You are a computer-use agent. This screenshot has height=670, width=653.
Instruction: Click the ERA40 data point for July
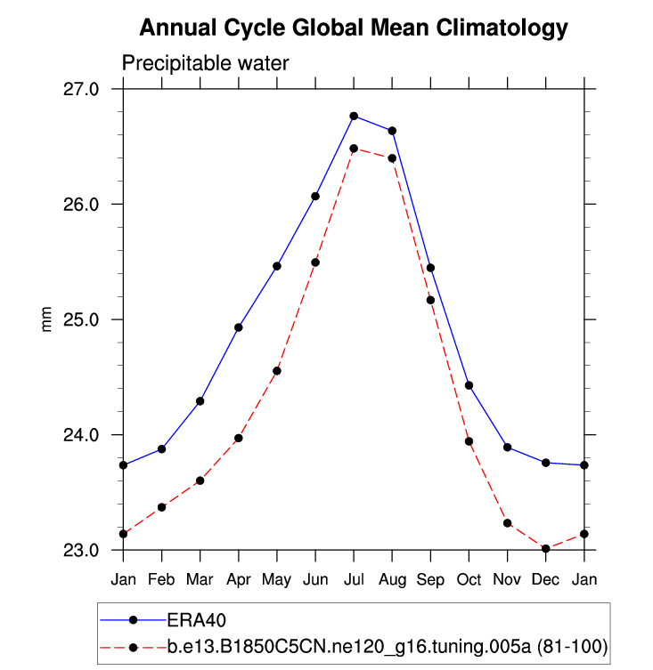point(354,116)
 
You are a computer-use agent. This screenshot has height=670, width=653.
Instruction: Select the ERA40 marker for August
point(392,131)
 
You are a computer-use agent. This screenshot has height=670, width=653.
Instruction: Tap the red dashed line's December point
point(545,549)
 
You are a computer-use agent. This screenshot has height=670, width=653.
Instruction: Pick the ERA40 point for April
point(239,327)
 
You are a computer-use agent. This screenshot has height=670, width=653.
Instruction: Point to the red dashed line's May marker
point(277,370)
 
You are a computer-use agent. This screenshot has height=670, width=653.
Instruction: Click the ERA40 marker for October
point(469,385)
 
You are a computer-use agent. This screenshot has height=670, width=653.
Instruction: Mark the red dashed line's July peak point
point(354,149)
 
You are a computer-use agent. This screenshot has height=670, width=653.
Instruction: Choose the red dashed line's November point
point(507,523)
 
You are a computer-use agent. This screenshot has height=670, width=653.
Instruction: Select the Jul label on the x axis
point(354,578)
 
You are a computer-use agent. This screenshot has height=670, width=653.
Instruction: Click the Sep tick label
point(430,578)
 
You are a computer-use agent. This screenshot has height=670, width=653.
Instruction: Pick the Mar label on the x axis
point(200,578)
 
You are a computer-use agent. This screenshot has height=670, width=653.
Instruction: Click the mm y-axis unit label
point(47,319)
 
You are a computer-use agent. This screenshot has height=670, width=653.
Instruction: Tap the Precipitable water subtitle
point(205,64)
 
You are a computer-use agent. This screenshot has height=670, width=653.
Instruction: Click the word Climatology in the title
point(503,28)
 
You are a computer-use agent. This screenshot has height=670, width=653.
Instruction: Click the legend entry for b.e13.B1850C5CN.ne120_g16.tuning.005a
point(388,647)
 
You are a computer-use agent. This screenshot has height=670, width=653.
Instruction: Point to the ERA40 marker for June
point(315,196)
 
